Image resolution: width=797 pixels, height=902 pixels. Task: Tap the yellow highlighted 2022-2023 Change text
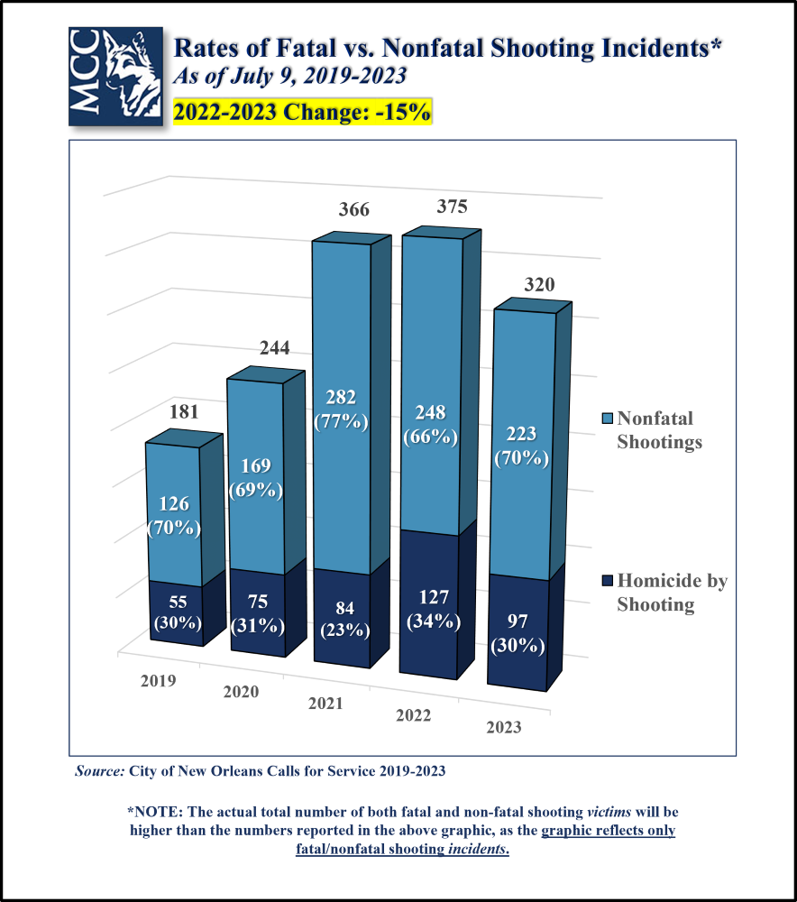coord(302,112)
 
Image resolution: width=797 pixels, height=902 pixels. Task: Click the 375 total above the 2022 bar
coord(451,207)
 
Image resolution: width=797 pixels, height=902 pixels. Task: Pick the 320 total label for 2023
coord(538,285)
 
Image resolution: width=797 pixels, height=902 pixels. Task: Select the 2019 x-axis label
coord(158,680)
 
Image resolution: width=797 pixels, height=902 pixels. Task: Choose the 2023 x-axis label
coord(503,727)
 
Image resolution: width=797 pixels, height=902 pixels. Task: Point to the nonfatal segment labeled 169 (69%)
coord(257,478)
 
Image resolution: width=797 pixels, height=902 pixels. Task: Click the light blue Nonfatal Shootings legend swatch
coord(607,419)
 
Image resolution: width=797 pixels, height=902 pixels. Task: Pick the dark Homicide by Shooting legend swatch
coord(607,581)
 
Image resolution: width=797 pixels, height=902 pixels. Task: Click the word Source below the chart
coord(99,771)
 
